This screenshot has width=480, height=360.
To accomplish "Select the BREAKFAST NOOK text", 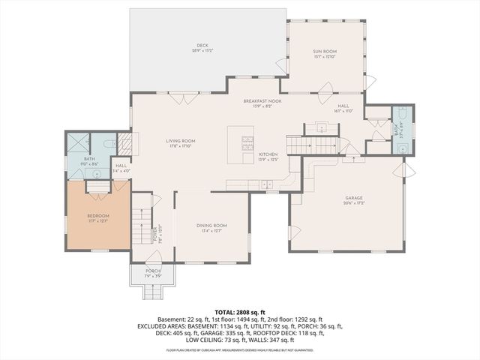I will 262,100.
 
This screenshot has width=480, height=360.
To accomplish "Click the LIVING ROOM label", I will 181,141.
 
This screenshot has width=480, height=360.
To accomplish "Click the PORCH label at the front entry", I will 152,271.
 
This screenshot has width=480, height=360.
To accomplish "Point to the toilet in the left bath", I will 109,142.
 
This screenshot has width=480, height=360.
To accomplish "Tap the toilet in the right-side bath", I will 403,115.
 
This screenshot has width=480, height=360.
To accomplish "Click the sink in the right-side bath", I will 403,148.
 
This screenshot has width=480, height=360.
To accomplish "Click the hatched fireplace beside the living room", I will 124,142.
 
